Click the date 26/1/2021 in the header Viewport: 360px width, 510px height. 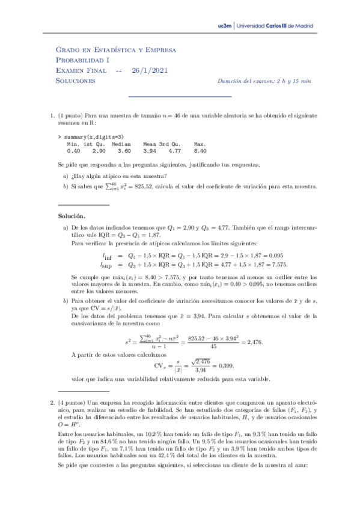tap(150, 70)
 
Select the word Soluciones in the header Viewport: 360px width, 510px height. tap(76, 80)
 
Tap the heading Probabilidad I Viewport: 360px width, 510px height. tap(82, 60)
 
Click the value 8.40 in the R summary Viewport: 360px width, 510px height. tap(200, 151)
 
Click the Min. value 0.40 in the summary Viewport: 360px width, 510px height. tap(74, 151)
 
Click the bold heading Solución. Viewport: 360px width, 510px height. tap(72, 215)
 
